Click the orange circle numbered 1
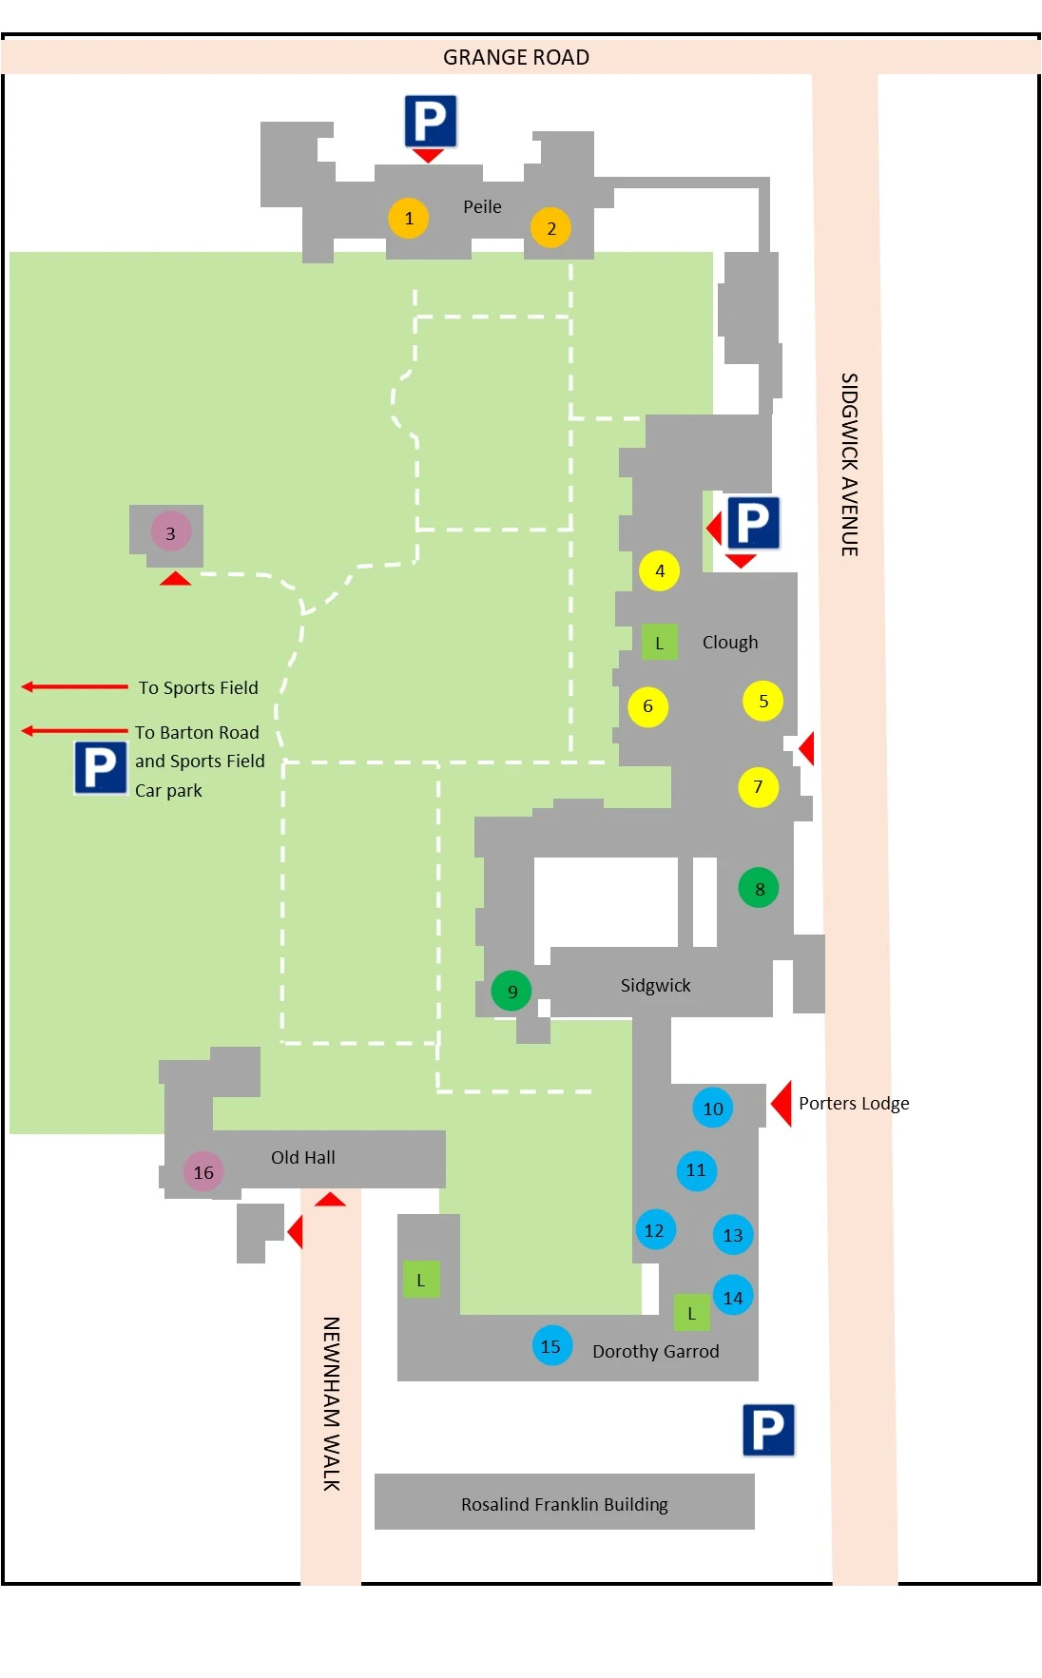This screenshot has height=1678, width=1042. (x=409, y=218)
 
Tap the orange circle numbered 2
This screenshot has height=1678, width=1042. (x=550, y=228)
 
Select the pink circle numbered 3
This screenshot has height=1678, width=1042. (x=170, y=532)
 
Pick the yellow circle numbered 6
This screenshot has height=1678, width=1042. (x=647, y=706)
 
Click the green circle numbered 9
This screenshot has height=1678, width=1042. (x=511, y=991)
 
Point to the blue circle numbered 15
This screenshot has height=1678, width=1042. (x=551, y=1346)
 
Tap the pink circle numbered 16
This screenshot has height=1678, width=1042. (x=203, y=1172)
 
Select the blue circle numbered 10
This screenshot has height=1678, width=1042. (x=713, y=1108)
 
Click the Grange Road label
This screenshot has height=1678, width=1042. (x=516, y=57)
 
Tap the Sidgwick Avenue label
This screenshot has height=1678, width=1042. (x=849, y=464)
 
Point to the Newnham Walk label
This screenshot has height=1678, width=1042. (x=331, y=1403)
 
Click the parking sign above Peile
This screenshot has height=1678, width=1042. (x=431, y=121)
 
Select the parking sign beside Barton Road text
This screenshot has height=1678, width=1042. (x=101, y=768)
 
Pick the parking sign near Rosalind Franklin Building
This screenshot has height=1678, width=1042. (x=768, y=1430)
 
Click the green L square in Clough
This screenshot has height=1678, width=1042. (x=659, y=643)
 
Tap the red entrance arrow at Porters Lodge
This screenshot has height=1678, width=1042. (x=781, y=1103)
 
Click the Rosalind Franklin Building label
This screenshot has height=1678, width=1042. (x=565, y=1504)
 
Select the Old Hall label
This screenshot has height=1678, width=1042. (x=303, y=1157)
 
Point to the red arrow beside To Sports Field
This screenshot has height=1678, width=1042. (x=74, y=686)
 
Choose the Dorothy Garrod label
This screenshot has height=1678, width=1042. (x=656, y=1351)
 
